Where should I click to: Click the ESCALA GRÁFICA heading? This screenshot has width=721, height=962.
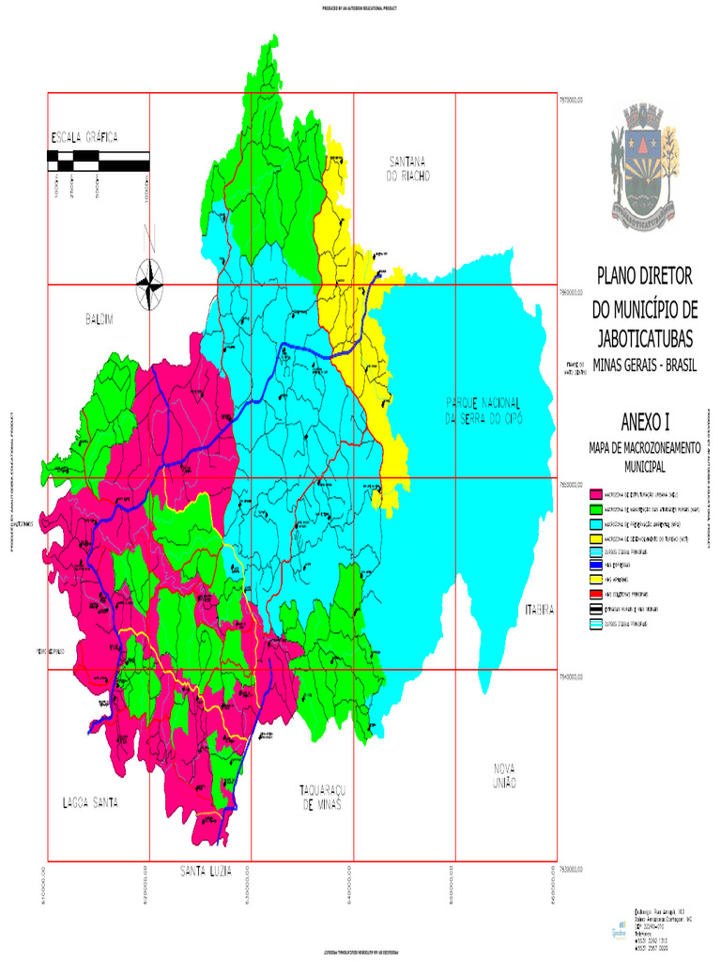tap(84, 137)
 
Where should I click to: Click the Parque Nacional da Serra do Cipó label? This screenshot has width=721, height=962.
tap(484, 410)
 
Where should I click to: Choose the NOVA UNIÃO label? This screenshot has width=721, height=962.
tap(504, 775)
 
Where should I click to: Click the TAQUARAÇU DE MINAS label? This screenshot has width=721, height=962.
tap(320, 798)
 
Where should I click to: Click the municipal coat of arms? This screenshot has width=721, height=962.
tap(644, 166)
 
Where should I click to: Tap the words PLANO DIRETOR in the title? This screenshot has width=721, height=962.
tap(644, 276)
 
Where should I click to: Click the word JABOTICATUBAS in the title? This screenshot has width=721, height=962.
tap(644, 338)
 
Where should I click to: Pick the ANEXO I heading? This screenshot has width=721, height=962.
tap(644, 420)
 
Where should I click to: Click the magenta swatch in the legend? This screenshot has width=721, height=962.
tap(594, 493)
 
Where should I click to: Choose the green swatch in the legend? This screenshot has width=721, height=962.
tap(594, 508)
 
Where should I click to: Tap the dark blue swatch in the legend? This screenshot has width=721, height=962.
tap(594, 566)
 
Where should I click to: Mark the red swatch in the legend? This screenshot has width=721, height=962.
tap(594, 595)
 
